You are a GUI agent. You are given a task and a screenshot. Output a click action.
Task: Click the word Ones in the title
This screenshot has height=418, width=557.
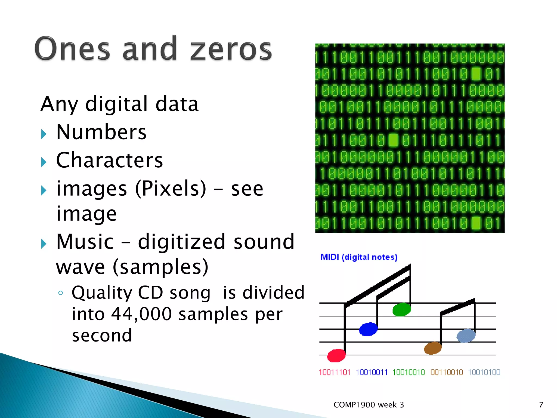coord(72,49)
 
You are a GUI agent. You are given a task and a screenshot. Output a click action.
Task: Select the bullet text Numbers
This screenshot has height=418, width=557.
coord(101,132)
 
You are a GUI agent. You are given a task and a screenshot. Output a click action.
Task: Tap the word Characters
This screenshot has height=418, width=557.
coord(109,160)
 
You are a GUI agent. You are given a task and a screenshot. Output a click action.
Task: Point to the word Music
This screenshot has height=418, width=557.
coord(85,242)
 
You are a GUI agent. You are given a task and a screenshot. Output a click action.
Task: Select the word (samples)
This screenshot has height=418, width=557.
coord(160,267)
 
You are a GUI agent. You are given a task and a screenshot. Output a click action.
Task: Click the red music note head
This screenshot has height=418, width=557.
coord(336,355)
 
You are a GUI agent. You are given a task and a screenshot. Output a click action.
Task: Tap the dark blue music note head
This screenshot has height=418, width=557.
coord(368,329)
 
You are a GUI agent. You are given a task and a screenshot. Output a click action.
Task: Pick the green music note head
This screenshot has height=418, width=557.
coord(402,309)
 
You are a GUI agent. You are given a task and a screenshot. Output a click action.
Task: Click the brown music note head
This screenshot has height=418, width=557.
coord(433,348)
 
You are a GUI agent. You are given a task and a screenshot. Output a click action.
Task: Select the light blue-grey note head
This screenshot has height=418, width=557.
coord(466,336)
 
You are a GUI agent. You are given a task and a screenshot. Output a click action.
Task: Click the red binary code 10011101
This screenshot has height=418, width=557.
coord(335,372)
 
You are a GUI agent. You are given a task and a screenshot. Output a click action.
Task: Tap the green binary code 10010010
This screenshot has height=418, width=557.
coord(409,372)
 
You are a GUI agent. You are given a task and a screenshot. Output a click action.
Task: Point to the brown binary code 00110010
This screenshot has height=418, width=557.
coord(447,372)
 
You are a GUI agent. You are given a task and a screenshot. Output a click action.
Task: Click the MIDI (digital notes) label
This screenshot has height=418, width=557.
coord(359,257)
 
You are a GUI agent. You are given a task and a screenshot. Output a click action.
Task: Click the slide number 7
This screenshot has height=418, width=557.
coord(541,405)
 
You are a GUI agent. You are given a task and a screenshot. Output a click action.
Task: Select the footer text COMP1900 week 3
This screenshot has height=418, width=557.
coord(369,405)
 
